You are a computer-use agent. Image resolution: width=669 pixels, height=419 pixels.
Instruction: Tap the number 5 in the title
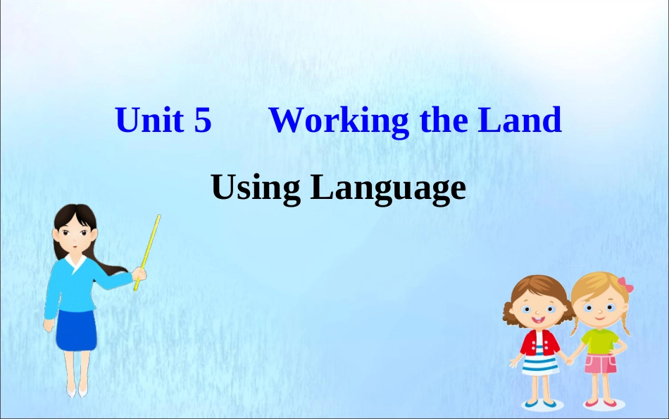point(202,121)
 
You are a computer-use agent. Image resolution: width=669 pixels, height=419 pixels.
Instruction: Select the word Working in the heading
point(339,121)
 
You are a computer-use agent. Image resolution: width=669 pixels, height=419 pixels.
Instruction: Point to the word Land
point(520,121)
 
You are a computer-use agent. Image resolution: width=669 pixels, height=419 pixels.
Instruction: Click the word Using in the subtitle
point(256,188)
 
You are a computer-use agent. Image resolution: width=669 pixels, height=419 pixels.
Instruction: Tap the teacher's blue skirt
point(75,329)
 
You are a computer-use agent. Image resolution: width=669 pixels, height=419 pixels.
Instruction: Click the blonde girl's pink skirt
point(601,364)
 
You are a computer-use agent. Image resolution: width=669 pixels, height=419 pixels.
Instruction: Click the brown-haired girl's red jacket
point(539,341)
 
